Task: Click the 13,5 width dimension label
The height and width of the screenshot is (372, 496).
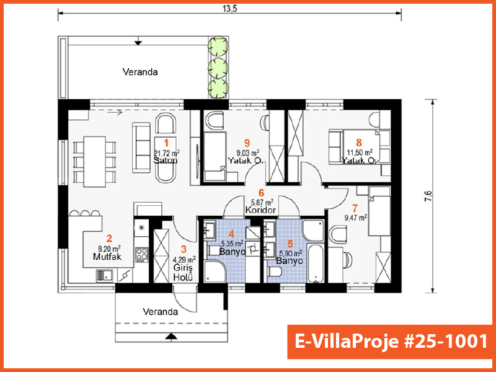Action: (229, 9)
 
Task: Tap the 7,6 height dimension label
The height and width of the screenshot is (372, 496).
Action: (429, 196)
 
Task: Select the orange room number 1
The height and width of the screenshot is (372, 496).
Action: (166, 143)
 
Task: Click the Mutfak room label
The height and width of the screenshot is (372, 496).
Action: (107, 256)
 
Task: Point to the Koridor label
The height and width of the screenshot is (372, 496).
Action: (260, 210)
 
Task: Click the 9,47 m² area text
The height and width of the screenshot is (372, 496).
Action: (355, 218)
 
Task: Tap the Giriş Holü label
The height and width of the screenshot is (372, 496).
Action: (183, 272)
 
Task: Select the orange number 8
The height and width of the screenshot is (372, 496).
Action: (358, 143)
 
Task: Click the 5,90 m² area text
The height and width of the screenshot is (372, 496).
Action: (290, 253)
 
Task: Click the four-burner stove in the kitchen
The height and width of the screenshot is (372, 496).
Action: (141, 254)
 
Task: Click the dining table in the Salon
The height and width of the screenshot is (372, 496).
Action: (94, 161)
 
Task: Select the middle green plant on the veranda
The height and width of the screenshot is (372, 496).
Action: (218, 67)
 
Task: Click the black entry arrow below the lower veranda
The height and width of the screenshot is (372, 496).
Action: (171, 337)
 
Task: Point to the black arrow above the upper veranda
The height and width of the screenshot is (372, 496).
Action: (138, 42)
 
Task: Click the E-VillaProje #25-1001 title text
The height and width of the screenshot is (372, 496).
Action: (391, 342)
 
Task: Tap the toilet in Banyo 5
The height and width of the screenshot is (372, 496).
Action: (274, 272)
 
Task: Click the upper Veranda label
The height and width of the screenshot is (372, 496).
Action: (140, 72)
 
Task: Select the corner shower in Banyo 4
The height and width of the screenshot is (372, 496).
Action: (216, 272)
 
